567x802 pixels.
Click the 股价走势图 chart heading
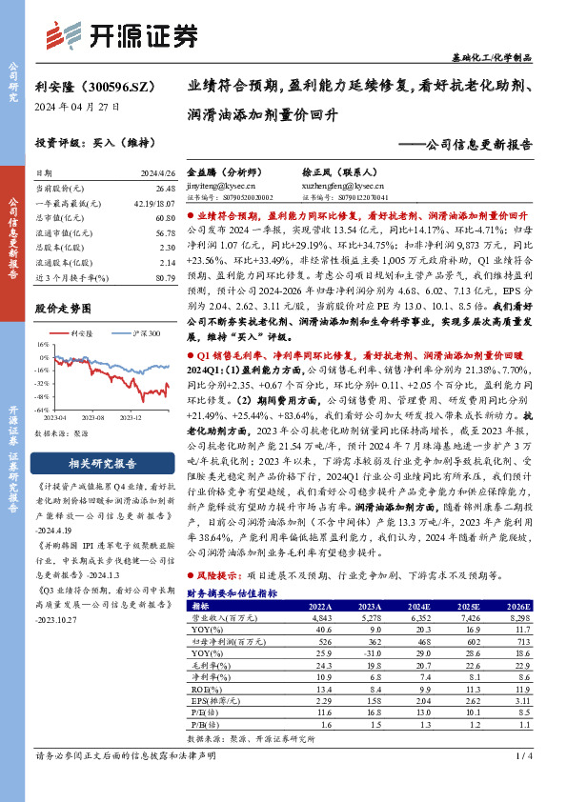tap(65, 310)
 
